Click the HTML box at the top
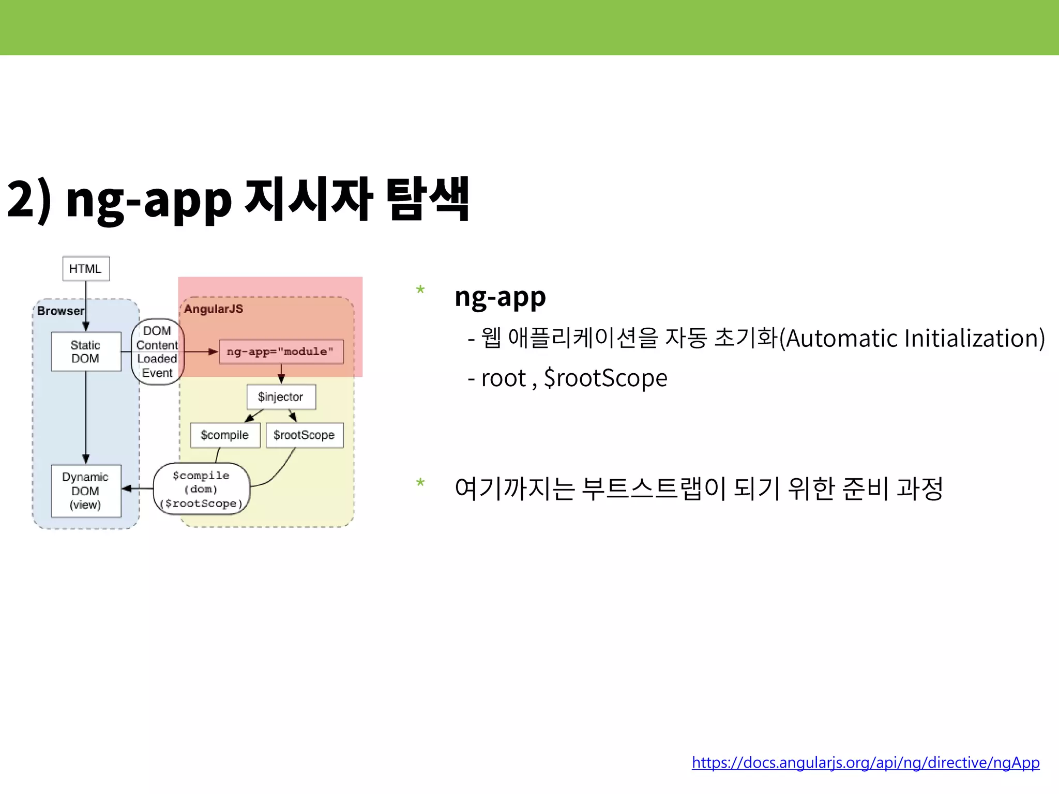coord(86,269)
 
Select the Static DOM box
coord(86,352)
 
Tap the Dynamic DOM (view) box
coord(86,491)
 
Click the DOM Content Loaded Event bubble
coord(157,352)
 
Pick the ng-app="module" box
coord(281,352)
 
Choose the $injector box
coord(281,397)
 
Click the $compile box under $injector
coord(224,435)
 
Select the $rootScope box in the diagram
coord(304,435)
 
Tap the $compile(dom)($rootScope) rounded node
coord(202,489)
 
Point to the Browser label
coord(60,311)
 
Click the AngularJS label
coord(214,309)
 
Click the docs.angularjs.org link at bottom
coord(865,762)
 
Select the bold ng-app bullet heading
coord(500,297)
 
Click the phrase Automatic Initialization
coord(912,339)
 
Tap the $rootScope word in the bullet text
coord(606,378)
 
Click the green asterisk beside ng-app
coord(420,290)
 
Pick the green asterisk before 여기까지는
coord(420,484)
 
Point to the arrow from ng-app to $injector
coord(281,373)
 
